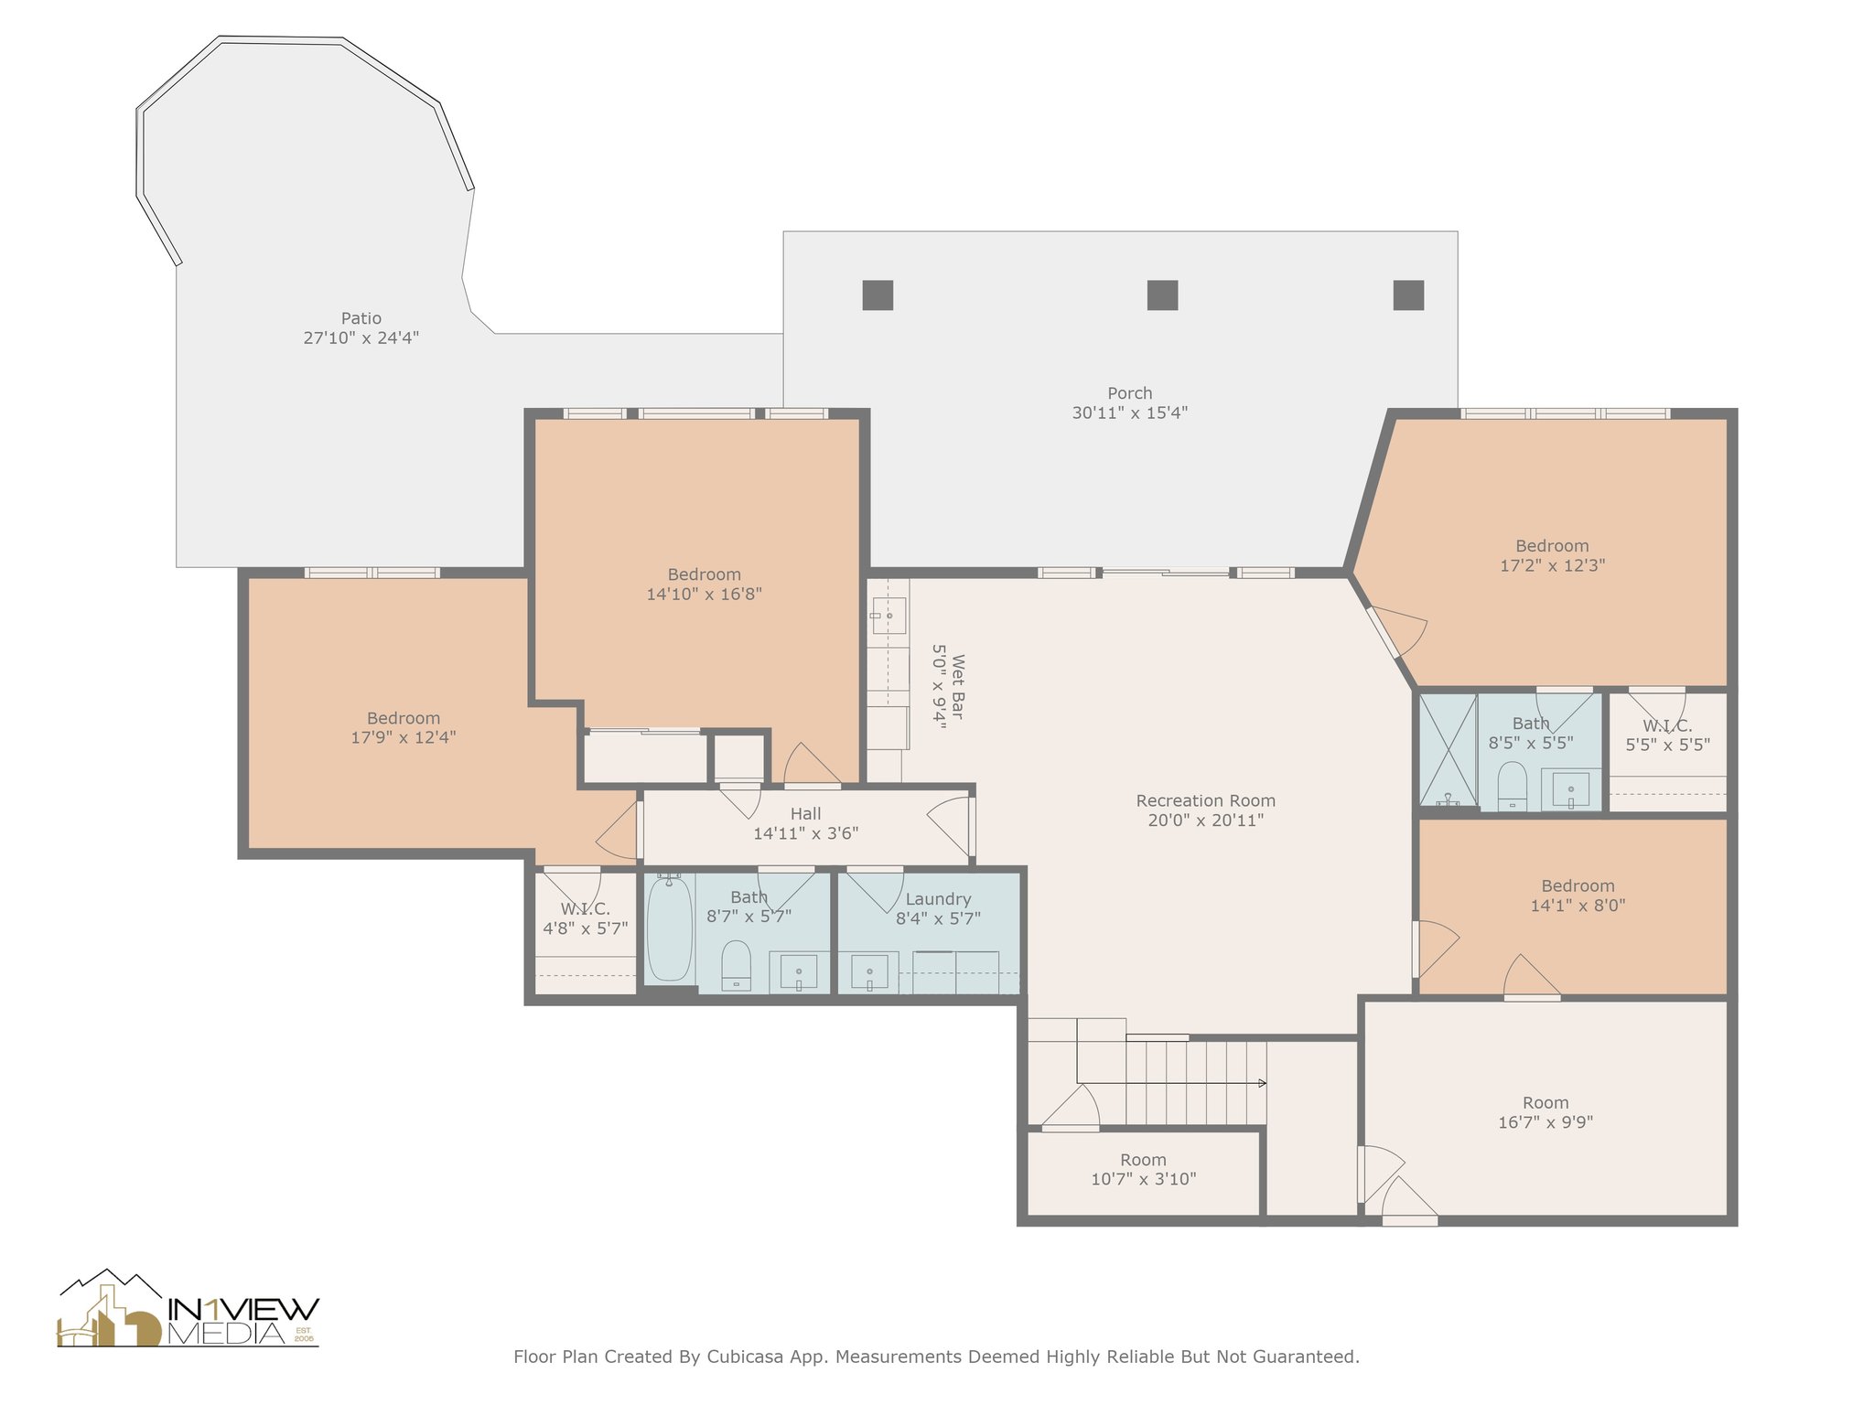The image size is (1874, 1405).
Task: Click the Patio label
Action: click(361, 318)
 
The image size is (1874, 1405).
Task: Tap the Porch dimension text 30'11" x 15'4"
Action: click(1130, 413)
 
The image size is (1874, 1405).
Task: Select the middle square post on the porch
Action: click(1162, 295)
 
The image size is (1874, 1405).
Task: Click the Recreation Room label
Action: click(1206, 800)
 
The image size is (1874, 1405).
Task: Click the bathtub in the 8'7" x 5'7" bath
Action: click(670, 928)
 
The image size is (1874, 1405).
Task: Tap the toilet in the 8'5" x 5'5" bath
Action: click(1512, 787)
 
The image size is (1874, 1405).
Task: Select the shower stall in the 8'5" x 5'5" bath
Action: click(1448, 750)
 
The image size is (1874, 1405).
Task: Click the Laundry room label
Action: click(938, 899)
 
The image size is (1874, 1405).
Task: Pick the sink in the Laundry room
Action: click(868, 971)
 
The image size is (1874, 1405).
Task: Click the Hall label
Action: click(806, 813)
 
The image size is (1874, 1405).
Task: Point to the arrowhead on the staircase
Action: click(1263, 1083)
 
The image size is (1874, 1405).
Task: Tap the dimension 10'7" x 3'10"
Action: click(1144, 1179)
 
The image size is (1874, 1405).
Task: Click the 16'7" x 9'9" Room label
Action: click(1546, 1102)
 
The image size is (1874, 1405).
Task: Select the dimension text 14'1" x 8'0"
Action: click(1578, 906)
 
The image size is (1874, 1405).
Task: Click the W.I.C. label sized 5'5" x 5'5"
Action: click(1667, 725)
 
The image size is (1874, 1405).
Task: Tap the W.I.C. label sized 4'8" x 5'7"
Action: click(586, 909)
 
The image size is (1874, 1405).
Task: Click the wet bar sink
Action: click(888, 617)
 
